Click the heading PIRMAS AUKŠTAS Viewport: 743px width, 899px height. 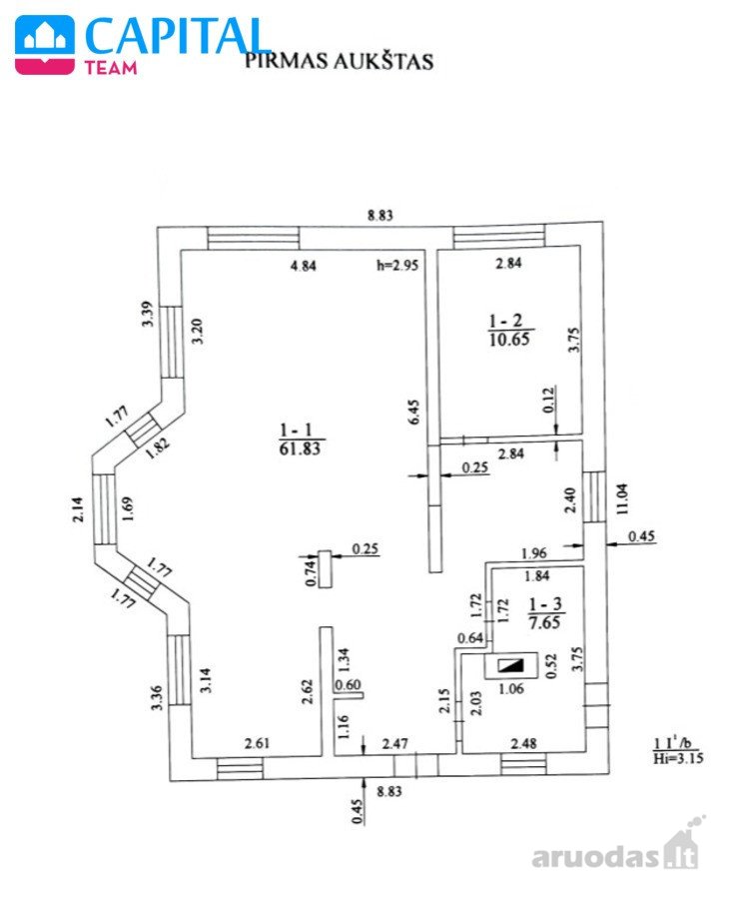(339, 61)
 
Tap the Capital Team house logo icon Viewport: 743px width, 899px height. (45, 45)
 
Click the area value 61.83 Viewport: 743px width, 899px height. (300, 449)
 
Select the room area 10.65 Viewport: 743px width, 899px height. (509, 339)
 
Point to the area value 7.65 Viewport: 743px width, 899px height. (544, 622)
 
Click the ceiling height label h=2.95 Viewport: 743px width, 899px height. (397, 265)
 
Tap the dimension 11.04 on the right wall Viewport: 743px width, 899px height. (622, 498)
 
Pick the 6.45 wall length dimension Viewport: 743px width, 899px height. (413, 413)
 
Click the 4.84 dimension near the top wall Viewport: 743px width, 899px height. (304, 266)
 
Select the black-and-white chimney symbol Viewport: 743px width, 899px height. (511, 665)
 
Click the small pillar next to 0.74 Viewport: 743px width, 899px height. (326, 568)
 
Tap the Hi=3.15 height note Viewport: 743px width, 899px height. (678, 758)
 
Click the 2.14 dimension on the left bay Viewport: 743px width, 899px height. (79, 508)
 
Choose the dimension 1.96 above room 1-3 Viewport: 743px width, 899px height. (533, 553)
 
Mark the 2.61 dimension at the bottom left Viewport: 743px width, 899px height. (257, 743)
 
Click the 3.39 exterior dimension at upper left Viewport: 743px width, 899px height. (148, 314)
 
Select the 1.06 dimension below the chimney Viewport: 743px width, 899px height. (511, 688)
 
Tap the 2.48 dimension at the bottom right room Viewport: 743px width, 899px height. (524, 743)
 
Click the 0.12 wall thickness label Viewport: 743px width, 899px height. (548, 400)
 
